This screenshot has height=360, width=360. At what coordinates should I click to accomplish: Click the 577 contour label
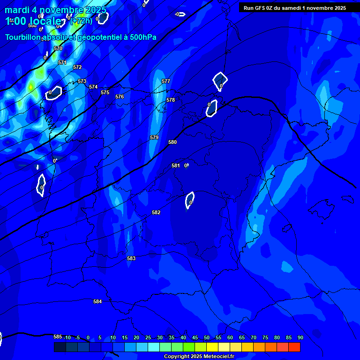click(166, 81)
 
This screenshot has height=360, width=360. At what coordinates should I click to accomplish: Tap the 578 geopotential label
click(171, 100)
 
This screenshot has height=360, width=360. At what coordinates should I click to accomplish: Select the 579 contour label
click(154, 137)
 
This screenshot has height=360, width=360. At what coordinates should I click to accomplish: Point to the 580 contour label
click(172, 142)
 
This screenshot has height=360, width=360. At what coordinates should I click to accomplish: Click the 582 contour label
click(156, 212)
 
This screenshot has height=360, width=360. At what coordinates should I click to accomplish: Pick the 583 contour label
click(131, 258)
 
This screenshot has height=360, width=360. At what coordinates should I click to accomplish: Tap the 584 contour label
click(97, 301)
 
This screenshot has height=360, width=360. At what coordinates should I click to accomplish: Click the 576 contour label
click(120, 97)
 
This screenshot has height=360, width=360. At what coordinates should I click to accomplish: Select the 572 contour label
click(77, 67)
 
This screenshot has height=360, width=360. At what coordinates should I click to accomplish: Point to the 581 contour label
click(175, 165)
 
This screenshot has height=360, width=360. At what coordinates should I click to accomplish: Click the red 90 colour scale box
click(294, 347)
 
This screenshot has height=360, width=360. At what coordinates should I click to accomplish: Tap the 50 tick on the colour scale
click(207, 337)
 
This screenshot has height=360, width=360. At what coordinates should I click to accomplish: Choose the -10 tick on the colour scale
click(67, 337)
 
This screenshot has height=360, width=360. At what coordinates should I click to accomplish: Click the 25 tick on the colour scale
click(148, 337)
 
